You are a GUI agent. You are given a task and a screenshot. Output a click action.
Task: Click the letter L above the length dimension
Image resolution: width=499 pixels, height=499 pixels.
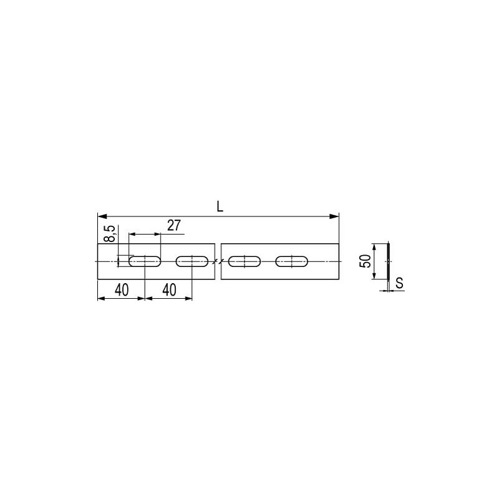coord(220,207)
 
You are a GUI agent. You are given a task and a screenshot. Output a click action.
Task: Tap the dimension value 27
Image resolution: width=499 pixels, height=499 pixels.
coord(174,225)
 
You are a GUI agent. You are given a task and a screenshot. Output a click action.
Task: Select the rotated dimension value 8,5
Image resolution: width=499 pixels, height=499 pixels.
coord(110,233)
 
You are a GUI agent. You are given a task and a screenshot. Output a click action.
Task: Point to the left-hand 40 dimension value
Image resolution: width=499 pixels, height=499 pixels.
coord(122,290)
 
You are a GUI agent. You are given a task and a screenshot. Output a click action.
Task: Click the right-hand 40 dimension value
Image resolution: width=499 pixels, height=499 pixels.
coord(169,290)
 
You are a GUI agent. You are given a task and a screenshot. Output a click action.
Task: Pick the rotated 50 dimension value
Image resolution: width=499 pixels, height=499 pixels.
coord(366,261)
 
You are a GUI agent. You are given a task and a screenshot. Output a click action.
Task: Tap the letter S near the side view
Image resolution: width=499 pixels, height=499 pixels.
coord(399,283)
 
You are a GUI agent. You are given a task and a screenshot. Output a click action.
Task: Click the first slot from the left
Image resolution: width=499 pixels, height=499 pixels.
coord(145,261)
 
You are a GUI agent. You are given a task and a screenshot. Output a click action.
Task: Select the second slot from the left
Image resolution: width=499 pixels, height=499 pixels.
coord(192,261)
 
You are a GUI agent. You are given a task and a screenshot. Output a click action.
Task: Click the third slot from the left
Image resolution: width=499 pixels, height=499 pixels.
coord(245,261)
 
